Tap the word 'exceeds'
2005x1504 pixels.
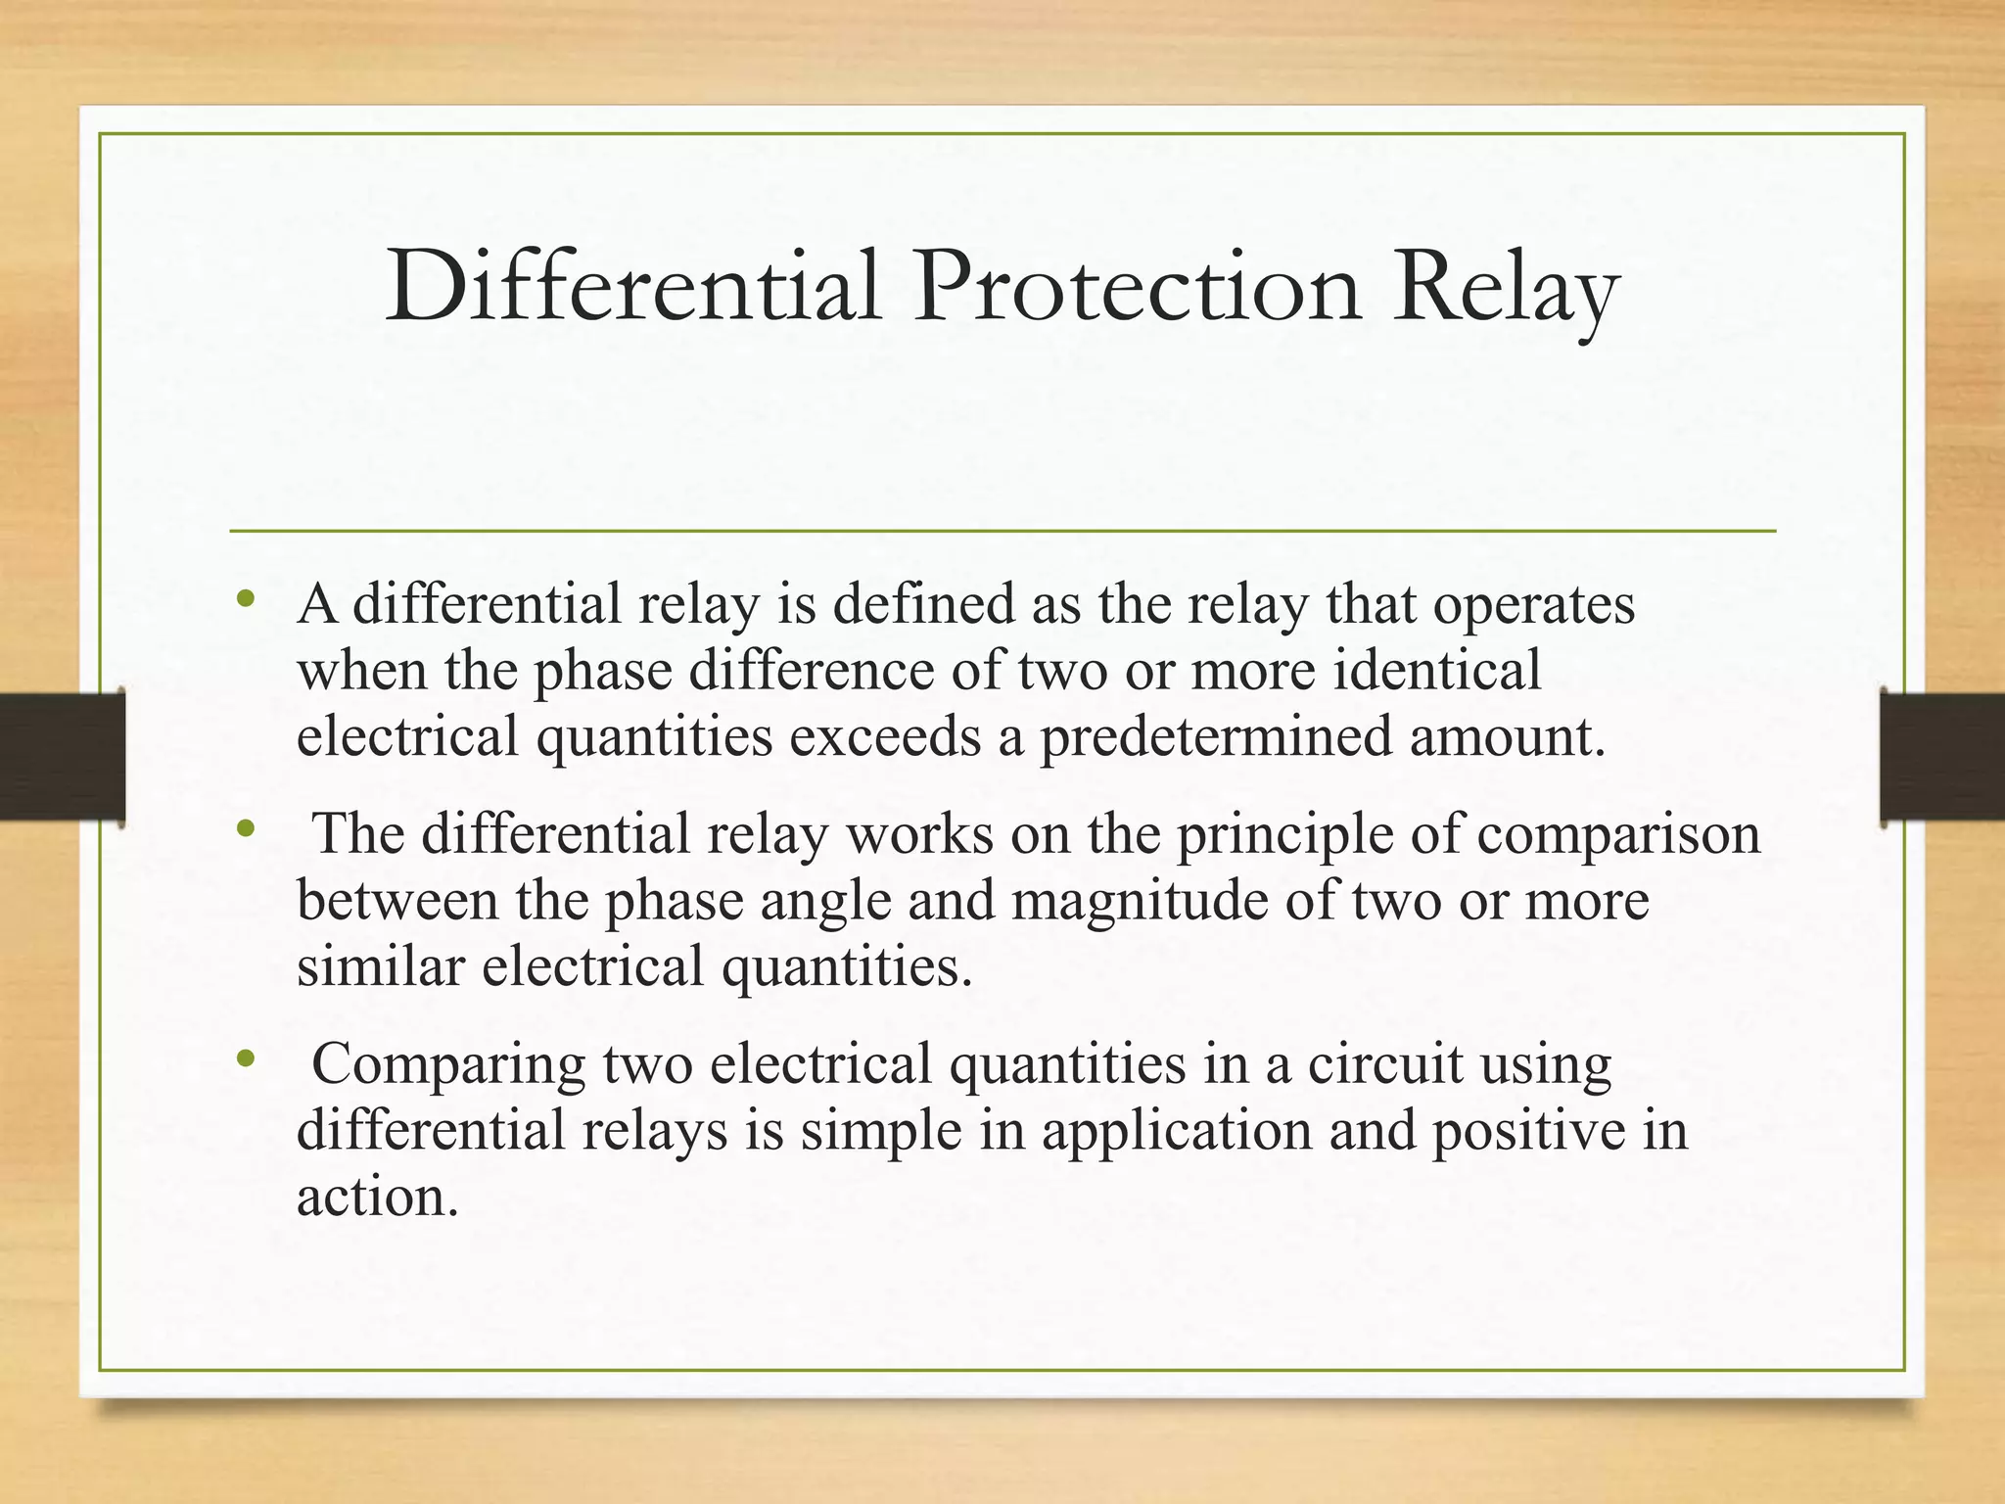click(x=885, y=736)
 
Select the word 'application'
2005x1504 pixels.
click(x=1176, y=1132)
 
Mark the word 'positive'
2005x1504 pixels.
click(x=1520, y=1132)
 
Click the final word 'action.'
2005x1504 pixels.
click(x=378, y=1197)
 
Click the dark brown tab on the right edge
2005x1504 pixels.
click(x=1942, y=756)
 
